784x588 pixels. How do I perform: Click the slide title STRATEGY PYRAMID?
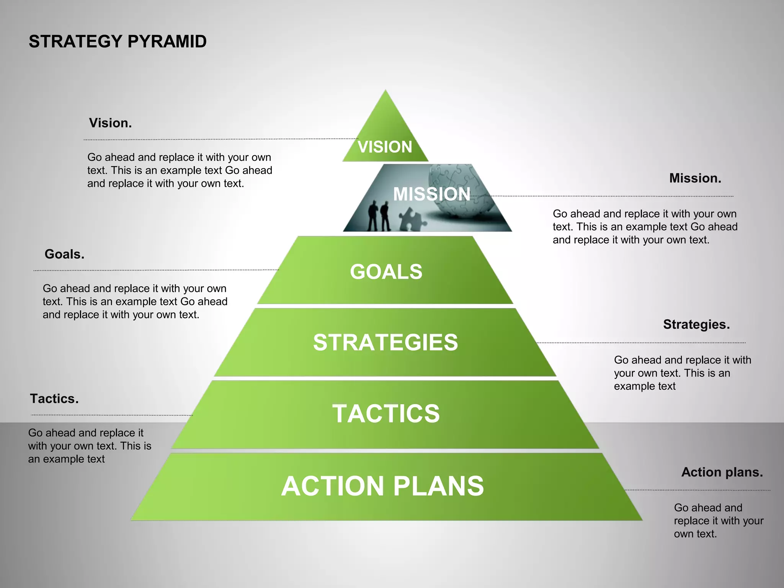[118, 42]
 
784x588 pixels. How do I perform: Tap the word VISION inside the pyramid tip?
[385, 147]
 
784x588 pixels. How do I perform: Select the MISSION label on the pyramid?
[432, 194]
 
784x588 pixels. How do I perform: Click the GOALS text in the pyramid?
[386, 272]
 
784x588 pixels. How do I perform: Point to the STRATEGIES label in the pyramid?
[385, 342]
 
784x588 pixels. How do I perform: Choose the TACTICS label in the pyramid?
[386, 413]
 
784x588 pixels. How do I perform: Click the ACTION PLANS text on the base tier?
[382, 486]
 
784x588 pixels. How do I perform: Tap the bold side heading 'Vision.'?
[110, 123]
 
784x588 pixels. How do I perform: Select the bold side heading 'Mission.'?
[695, 178]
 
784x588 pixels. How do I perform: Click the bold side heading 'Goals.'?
[64, 254]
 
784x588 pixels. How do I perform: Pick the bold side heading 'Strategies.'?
[696, 325]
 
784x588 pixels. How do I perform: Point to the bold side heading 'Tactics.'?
[54, 399]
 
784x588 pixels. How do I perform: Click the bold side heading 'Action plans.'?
[722, 472]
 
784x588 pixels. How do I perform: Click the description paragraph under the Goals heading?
[135, 302]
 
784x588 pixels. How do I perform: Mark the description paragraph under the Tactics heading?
[90, 446]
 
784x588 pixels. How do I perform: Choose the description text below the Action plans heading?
[719, 521]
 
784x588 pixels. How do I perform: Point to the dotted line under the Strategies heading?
[641, 343]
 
